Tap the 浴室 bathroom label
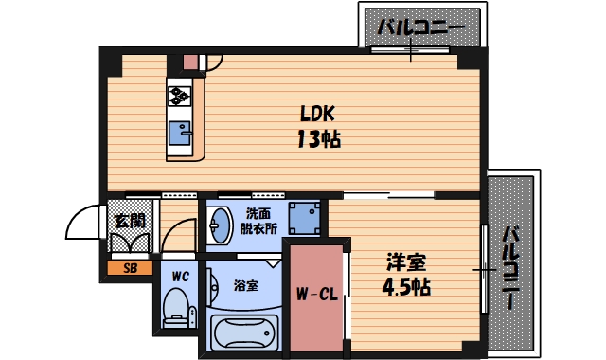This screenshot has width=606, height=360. click(x=245, y=285)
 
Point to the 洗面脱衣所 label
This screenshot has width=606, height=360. click(x=258, y=221)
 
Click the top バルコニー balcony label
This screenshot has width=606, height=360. click(x=420, y=27)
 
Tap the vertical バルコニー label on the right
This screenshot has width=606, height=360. click(x=509, y=268)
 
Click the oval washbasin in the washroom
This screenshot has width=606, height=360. click(x=220, y=225)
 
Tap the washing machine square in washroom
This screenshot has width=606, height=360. click(x=303, y=218)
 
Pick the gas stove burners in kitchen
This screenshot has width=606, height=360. click(x=180, y=95)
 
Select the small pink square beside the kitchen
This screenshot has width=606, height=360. click(x=190, y=63)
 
